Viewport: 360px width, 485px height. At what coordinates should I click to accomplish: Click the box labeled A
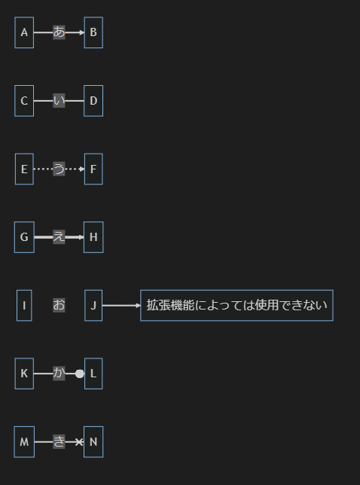pyautogui.click(x=24, y=32)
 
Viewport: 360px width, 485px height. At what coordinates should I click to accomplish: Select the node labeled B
pyautogui.click(x=93, y=32)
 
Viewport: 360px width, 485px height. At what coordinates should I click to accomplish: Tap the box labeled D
pyautogui.click(x=93, y=101)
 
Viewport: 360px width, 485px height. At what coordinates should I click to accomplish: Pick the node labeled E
pyautogui.click(x=24, y=169)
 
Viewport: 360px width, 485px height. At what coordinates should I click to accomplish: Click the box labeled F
pyautogui.click(x=93, y=169)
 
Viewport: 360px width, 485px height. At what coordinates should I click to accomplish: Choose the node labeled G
pyautogui.click(x=24, y=237)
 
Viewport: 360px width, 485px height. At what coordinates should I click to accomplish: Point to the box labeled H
pyautogui.click(x=93, y=237)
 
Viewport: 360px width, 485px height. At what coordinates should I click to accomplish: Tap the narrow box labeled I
pyautogui.click(x=24, y=306)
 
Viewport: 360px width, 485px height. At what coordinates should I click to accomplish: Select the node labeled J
pyautogui.click(x=93, y=306)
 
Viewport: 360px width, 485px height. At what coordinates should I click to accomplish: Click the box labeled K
pyautogui.click(x=24, y=374)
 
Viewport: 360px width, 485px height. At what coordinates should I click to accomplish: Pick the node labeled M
pyautogui.click(x=24, y=442)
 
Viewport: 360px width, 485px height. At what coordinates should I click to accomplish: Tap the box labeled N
pyautogui.click(x=93, y=442)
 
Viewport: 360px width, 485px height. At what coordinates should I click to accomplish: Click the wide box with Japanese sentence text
pyautogui.click(x=236, y=306)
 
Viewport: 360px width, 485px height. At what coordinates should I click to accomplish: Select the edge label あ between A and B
pyautogui.click(x=59, y=32)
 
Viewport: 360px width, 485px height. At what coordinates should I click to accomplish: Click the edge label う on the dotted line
pyautogui.click(x=59, y=169)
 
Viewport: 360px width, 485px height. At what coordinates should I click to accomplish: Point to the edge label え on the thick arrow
pyautogui.click(x=59, y=237)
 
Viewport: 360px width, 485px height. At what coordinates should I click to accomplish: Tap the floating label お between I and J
pyautogui.click(x=59, y=305)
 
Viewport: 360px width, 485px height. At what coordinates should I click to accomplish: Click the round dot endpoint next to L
pyautogui.click(x=80, y=374)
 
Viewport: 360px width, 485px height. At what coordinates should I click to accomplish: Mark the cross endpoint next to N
pyautogui.click(x=80, y=442)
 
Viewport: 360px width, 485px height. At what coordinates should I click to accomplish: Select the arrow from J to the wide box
pyautogui.click(x=121, y=306)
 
